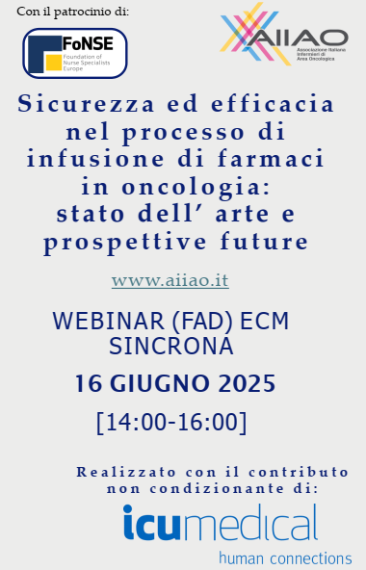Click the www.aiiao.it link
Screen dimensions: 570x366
pyautogui.click(x=170, y=281)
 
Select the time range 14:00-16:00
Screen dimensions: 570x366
pyautogui.click(x=171, y=422)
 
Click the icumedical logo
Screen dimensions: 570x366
pyautogui.click(x=220, y=526)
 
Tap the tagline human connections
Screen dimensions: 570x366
pyautogui.click(x=284, y=557)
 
